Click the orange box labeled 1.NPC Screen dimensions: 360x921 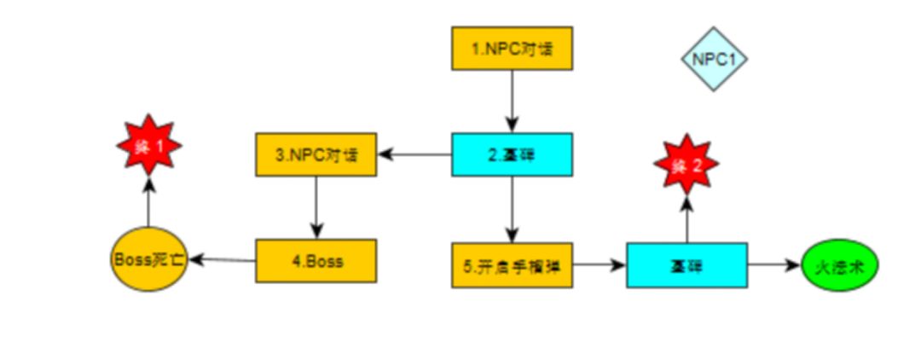[x=512, y=48]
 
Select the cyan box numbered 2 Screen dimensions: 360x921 [x=512, y=154]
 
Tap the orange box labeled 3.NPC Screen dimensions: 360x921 [x=316, y=155]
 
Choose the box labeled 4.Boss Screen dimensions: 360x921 [x=316, y=260]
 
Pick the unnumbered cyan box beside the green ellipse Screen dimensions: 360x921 [x=687, y=264]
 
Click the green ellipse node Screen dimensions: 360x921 [x=840, y=264]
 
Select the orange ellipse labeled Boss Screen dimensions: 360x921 [x=148, y=258]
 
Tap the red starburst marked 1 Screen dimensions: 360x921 [x=148, y=146]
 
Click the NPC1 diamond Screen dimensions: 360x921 [x=714, y=59]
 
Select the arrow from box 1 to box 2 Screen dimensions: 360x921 [x=512, y=101]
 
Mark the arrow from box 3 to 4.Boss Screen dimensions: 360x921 [x=316, y=207]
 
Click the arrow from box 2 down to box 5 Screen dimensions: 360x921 [x=512, y=209]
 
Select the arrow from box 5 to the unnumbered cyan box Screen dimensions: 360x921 [x=599, y=264]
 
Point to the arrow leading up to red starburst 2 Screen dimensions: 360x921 [x=686, y=218]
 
